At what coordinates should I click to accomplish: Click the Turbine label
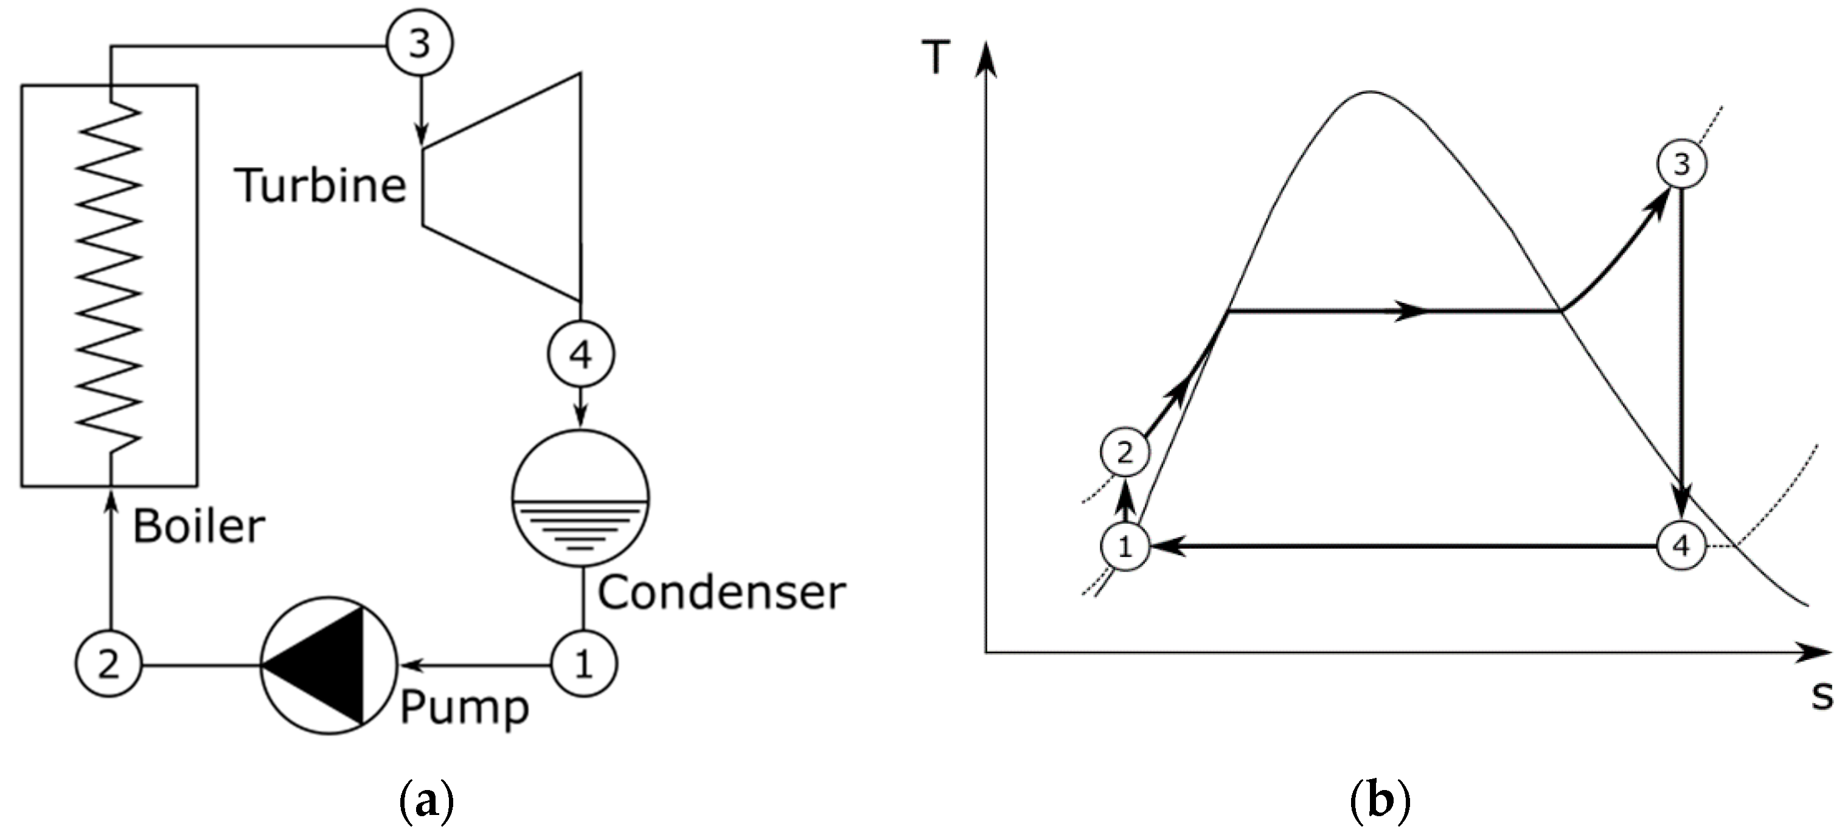320,185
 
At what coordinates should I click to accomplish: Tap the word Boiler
198,526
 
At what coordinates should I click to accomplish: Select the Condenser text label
721,593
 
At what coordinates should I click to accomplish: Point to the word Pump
464,707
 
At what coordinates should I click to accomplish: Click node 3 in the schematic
419,43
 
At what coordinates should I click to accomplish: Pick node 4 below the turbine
580,354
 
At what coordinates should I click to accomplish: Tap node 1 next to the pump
584,665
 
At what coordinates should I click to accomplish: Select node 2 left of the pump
108,665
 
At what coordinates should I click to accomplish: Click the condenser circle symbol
580,497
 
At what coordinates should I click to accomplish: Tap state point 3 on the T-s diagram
1681,164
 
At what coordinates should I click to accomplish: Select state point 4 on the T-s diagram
1681,547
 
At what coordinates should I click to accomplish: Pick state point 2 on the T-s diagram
1125,452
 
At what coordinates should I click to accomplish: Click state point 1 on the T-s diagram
1125,547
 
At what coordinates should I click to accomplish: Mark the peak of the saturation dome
1369,92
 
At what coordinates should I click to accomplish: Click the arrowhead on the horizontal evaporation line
1412,311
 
